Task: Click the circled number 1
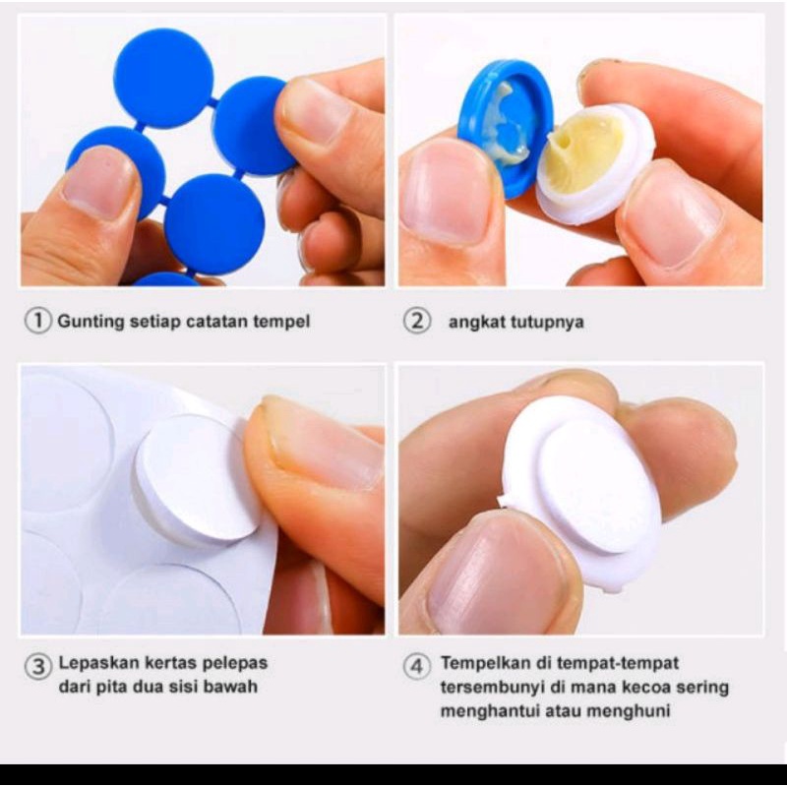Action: pyautogui.click(x=37, y=321)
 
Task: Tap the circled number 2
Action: pyautogui.click(x=416, y=321)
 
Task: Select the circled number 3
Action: pyautogui.click(x=37, y=667)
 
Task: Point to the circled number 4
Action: pyautogui.click(x=416, y=667)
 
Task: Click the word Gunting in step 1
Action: pyautogui.click(x=91, y=322)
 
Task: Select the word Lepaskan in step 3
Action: pyautogui.click(x=99, y=663)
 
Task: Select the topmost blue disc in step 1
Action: pyautogui.click(x=163, y=79)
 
